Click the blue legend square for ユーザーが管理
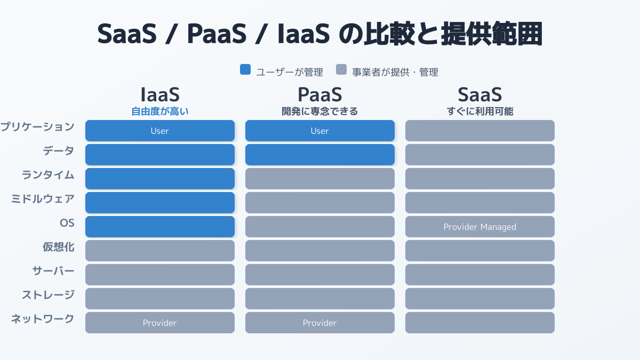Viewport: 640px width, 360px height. tap(245, 69)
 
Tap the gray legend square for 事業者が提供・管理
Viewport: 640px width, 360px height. tap(341, 69)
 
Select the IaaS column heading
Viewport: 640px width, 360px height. tap(160, 94)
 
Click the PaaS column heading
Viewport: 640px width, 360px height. tap(319, 94)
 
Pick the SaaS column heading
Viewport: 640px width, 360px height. tap(479, 94)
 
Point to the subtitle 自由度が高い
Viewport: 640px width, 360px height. tap(160, 111)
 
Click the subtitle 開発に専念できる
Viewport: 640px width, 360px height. tap(319, 111)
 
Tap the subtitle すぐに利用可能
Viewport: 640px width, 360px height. tap(480, 111)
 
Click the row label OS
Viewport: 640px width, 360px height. tap(67, 223)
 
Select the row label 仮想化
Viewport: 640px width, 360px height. tap(59, 247)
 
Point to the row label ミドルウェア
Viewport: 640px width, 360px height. tap(43, 199)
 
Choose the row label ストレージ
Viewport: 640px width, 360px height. tap(49, 295)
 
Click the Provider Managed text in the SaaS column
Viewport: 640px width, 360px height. tap(479, 227)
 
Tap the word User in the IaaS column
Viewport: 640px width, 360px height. tap(159, 131)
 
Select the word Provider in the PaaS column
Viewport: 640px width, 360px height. tap(319, 323)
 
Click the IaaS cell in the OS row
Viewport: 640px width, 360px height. tap(160, 227)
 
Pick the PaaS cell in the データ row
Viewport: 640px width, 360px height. tap(320, 155)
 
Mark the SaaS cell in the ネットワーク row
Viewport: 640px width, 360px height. tap(480, 323)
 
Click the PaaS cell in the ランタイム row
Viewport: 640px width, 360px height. tap(320, 179)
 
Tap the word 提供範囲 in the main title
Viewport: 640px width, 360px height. tap(492, 34)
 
